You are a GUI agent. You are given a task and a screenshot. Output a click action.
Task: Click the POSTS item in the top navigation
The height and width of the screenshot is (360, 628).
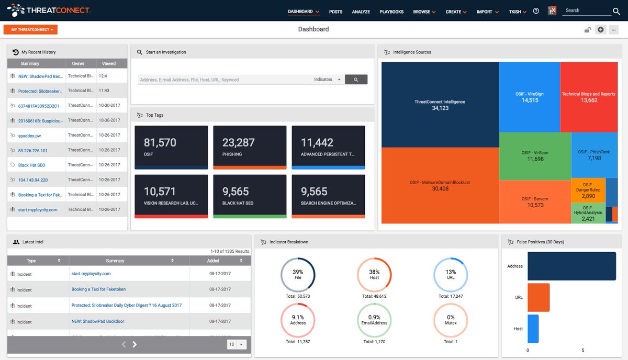click(x=335, y=12)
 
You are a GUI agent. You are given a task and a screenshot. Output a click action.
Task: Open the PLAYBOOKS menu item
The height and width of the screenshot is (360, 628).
click(x=391, y=12)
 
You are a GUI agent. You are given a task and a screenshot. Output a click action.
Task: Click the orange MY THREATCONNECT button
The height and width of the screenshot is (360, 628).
click(x=30, y=30)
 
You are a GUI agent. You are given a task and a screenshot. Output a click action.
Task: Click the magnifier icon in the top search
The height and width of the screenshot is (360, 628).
click(x=616, y=12)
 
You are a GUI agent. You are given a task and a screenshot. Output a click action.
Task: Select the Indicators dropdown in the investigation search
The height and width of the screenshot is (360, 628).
click(x=328, y=80)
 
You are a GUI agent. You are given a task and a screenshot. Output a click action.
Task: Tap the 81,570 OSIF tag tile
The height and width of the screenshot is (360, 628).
click(x=171, y=147)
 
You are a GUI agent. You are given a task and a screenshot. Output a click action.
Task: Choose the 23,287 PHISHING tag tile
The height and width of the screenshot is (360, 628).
click(x=250, y=147)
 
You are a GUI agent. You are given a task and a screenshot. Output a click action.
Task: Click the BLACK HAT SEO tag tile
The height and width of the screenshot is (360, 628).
click(x=250, y=196)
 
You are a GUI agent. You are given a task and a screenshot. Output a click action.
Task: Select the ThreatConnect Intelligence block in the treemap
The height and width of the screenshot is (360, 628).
click(x=440, y=105)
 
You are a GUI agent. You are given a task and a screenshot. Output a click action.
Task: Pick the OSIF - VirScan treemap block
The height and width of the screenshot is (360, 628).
click(x=535, y=155)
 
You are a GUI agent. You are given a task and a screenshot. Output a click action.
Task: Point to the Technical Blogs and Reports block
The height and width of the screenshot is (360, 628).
click(x=589, y=97)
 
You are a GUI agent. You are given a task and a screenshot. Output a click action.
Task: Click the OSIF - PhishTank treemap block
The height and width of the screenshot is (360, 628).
click(x=594, y=155)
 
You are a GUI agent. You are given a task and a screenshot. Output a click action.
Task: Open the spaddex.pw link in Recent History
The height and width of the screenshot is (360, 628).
click(x=29, y=135)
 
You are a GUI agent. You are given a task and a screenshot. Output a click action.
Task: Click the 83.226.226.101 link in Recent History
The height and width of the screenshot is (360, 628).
click(x=33, y=150)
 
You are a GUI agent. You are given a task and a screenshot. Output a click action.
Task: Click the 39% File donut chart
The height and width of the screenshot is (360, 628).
click(x=298, y=275)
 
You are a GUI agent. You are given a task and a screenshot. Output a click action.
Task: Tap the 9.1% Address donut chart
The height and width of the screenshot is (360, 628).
click(x=298, y=320)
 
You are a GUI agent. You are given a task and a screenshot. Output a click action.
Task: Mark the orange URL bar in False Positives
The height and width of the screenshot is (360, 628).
click(x=539, y=297)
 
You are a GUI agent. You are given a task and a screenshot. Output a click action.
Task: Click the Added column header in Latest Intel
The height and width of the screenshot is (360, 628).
click(x=214, y=261)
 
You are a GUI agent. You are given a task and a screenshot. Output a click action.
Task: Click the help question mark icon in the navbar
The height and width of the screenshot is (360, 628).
click(x=536, y=11)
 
